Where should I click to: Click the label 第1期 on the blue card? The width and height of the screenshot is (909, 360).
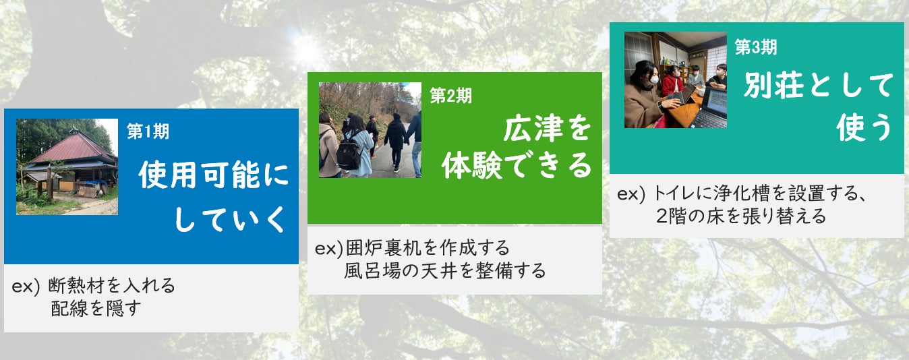coord(148,131)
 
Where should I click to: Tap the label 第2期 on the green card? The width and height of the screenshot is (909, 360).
coord(450,96)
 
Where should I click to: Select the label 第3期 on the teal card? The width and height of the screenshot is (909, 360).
coord(756,47)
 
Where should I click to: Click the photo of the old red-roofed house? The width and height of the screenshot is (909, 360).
coord(67,167)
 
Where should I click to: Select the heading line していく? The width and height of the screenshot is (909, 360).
coord(230,220)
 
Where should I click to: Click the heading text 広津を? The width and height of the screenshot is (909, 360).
coord(547,128)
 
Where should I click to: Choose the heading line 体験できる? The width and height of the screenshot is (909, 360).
coord(517,166)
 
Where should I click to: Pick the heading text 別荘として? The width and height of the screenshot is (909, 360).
coord(818,85)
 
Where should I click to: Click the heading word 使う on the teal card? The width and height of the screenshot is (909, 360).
coord(864,127)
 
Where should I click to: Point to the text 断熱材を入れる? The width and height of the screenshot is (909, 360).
coord(111,286)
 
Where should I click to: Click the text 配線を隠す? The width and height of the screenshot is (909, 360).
coord(96,309)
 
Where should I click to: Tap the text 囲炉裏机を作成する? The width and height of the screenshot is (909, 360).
coord(428,247)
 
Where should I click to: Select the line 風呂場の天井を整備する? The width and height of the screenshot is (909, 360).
coord(445,271)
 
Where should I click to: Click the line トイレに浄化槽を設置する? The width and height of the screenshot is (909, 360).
coord(760,193)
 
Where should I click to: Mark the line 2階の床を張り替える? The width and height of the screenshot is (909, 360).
coord(741,216)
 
